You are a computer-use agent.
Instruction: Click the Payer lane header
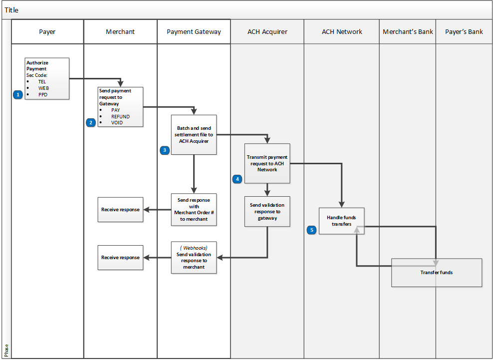[47, 32]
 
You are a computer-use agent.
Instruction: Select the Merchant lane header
[120, 32]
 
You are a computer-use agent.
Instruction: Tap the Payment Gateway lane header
[194, 32]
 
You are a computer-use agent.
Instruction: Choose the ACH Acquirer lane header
[267, 32]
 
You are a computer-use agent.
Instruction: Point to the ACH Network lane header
[342, 32]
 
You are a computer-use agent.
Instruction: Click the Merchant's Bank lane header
[408, 32]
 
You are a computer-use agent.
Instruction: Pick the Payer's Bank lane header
[464, 32]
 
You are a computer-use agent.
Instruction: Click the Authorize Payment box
[47, 78]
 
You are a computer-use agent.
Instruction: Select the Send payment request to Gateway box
[120, 107]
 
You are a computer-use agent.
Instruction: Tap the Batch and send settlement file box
[194, 134]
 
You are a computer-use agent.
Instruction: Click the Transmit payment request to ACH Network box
[267, 163]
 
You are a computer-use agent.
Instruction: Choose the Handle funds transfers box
[342, 221]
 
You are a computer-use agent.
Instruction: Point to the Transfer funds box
[436, 273]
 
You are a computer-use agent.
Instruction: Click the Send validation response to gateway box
[267, 211]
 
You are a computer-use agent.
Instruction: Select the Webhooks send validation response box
[194, 257]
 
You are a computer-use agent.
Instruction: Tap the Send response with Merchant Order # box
[194, 209]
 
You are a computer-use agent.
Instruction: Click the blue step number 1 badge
[18, 94]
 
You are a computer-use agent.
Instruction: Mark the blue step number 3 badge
[165, 150]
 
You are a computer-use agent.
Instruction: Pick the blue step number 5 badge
[312, 230]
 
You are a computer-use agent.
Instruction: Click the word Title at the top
[12, 10]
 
